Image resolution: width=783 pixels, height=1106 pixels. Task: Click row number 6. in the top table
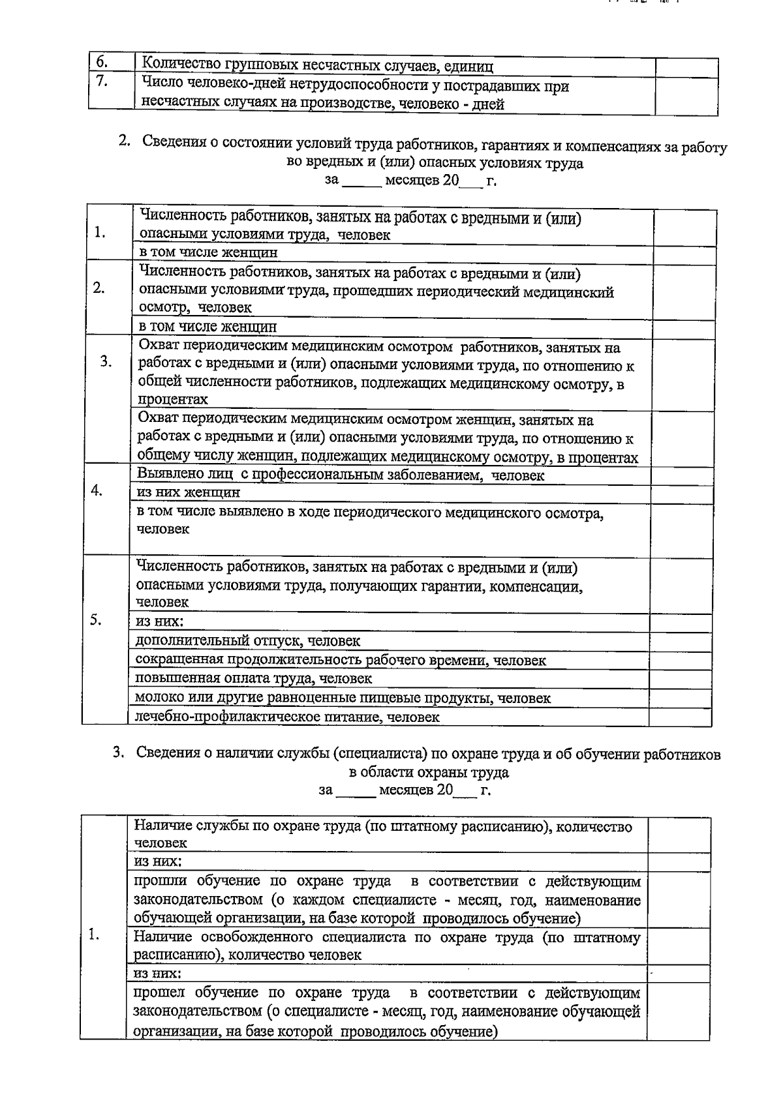pos(102,63)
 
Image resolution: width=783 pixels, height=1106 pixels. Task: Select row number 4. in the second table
pos(97,491)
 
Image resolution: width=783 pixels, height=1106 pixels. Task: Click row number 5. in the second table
pos(96,620)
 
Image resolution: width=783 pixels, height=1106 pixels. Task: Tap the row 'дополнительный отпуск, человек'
pos(248,641)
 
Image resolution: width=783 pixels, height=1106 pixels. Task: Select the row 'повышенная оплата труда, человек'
pos(253,678)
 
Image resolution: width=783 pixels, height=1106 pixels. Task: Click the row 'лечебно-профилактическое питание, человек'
pos(287,717)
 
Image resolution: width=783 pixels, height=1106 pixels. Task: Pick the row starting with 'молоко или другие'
pos(343,698)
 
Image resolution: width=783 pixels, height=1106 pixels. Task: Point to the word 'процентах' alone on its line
pos(173,399)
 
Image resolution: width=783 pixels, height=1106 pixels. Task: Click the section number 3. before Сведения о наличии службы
pos(118,753)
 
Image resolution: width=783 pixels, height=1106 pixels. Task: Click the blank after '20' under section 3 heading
pos(465,790)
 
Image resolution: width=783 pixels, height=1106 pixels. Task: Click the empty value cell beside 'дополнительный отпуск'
pos(680,641)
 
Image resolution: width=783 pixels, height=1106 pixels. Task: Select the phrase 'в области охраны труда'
pos(429,772)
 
